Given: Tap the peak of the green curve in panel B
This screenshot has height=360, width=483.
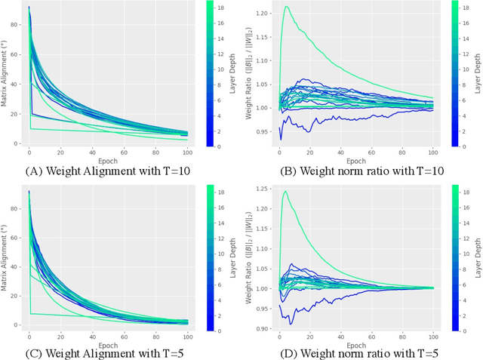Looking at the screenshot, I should click(x=287, y=7).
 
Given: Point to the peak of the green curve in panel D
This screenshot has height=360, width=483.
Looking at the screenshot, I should click(x=285, y=192).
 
